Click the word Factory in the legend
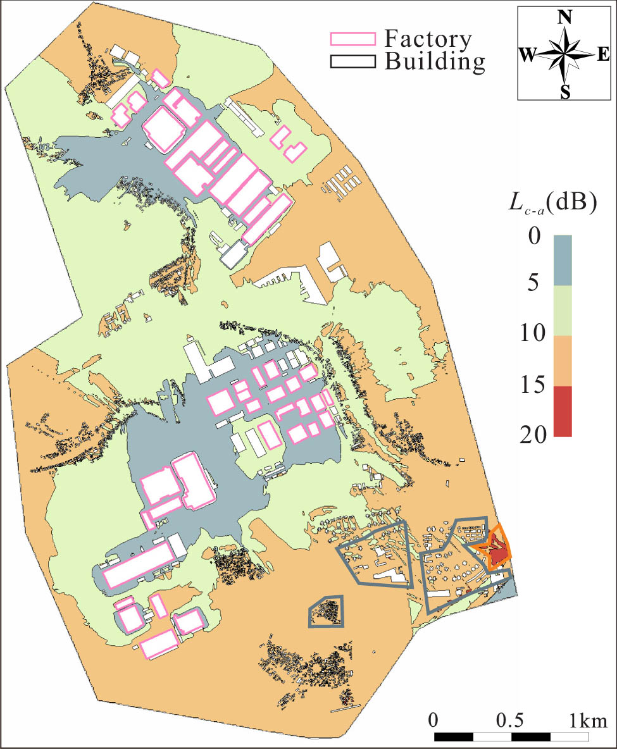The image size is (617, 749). coord(428,39)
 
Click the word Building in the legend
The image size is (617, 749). coord(435,61)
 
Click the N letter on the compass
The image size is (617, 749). coord(565,18)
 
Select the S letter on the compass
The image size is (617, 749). coord(565,93)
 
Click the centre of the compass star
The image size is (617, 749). coord(565,54)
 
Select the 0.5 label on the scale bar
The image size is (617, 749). coord(510,721)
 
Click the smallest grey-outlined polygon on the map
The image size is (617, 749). coord(327,612)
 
